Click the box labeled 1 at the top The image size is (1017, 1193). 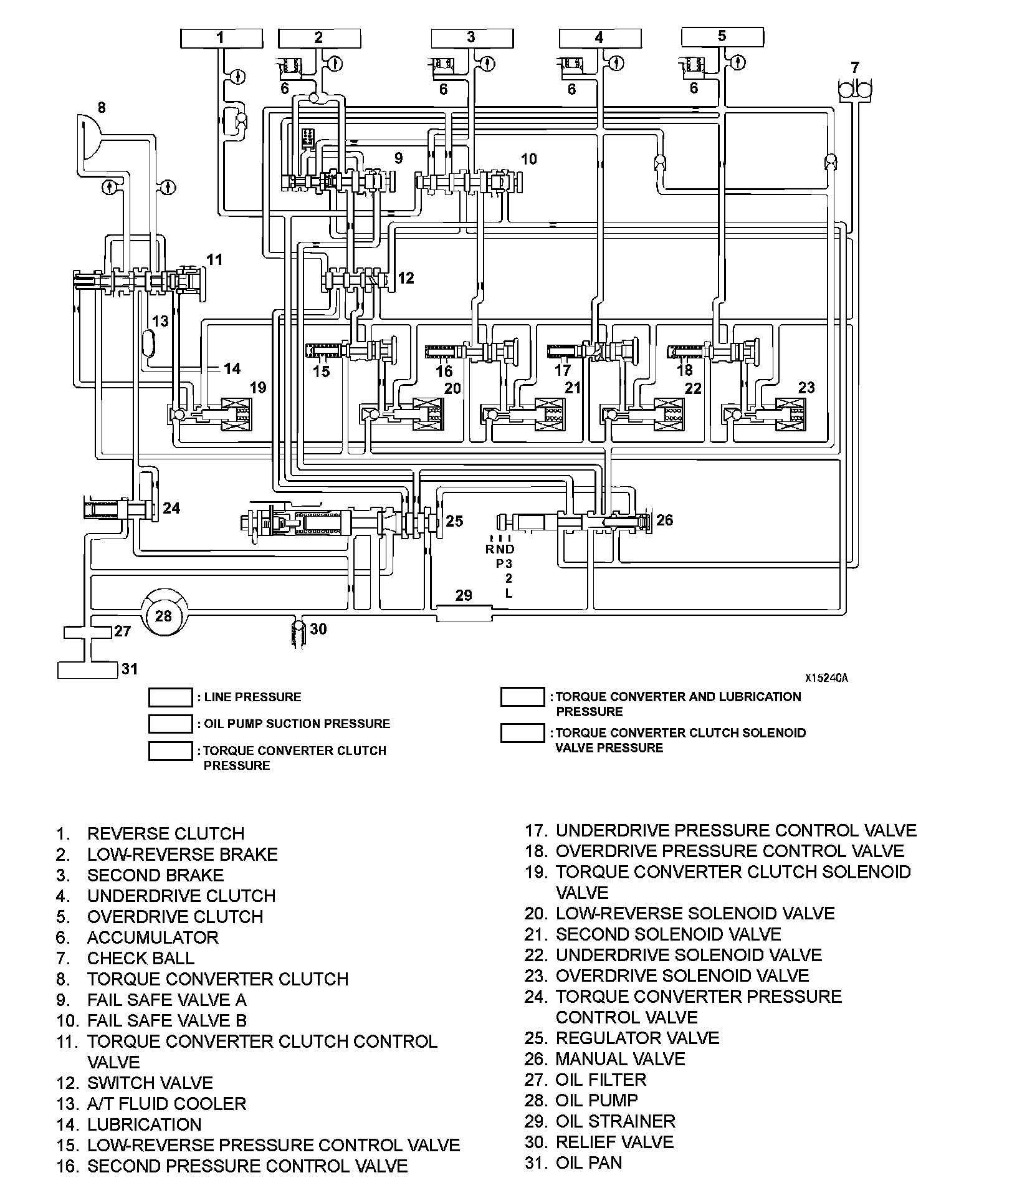(221, 39)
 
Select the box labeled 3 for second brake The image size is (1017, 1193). (472, 39)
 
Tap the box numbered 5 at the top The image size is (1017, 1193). (722, 37)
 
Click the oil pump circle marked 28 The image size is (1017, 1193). (163, 615)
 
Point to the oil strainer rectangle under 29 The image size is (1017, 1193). (464, 613)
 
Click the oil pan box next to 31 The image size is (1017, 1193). (87, 670)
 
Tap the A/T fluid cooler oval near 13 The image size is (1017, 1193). (150, 342)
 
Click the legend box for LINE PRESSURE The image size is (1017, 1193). (170, 697)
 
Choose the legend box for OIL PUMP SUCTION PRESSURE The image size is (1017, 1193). (170, 724)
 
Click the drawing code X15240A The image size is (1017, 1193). (825, 678)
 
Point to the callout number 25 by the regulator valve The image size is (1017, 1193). (454, 521)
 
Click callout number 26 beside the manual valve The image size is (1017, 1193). (664, 520)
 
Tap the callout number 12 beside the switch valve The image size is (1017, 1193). (406, 277)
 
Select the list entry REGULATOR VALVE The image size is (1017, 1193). (637, 1038)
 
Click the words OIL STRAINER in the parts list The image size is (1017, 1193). (615, 1121)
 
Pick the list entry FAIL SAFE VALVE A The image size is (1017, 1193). (166, 1000)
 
